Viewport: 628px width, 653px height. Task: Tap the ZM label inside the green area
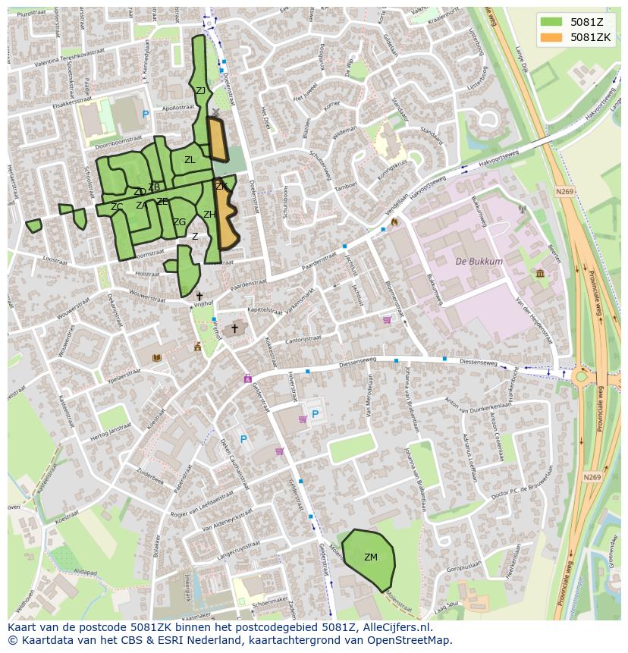(370, 557)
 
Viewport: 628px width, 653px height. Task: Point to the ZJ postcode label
(200, 91)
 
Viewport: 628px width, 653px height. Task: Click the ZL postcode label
(190, 160)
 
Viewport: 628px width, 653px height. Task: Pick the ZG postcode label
(179, 222)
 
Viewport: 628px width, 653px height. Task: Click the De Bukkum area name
(479, 262)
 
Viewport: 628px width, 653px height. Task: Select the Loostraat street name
(55, 259)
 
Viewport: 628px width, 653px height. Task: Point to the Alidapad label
(85, 573)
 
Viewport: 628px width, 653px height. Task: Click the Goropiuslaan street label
(463, 566)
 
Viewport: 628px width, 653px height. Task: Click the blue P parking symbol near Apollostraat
(146, 115)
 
